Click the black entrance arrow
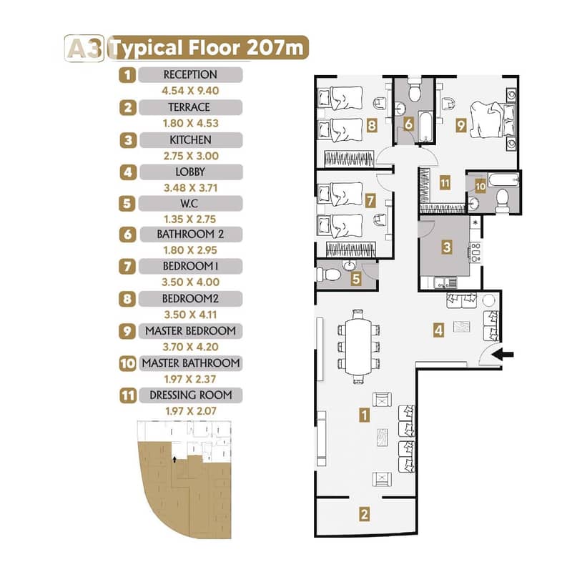point(503,354)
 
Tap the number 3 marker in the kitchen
point(447,247)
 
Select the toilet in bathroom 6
point(415,89)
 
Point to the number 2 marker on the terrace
point(364,514)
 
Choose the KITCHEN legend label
point(190,140)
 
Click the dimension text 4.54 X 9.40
point(190,91)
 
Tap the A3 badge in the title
point(84,49)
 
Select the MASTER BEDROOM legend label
point(190,331)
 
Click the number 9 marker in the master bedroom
point(461,125)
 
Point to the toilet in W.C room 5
point(328,275)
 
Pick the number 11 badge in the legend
point(128,395)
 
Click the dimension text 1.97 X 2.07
point(191,411)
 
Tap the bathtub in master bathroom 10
point(503,179)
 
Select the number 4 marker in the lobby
point(438,330)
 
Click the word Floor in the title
point(214,48)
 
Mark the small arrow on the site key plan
point(174,459)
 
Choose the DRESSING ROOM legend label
point(191,395)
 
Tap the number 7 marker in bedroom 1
point(370,200)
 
